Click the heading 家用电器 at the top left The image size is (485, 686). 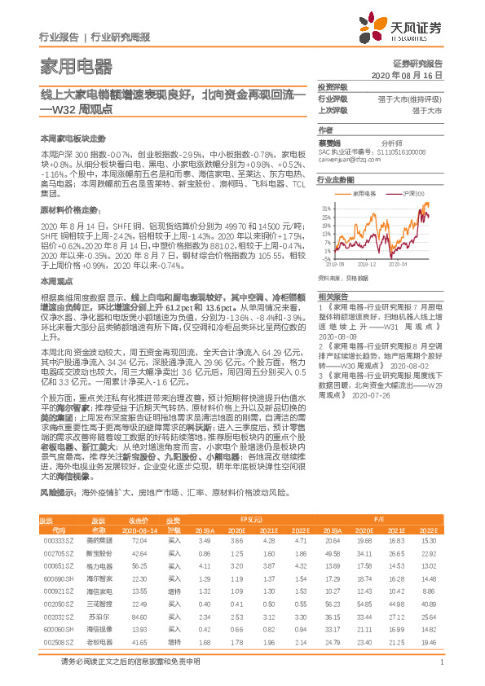tap(76, 66)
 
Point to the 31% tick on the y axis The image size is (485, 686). tap(324, 208)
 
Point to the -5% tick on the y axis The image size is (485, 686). tap(325, 258)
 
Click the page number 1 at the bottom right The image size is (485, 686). tap(441, 672)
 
